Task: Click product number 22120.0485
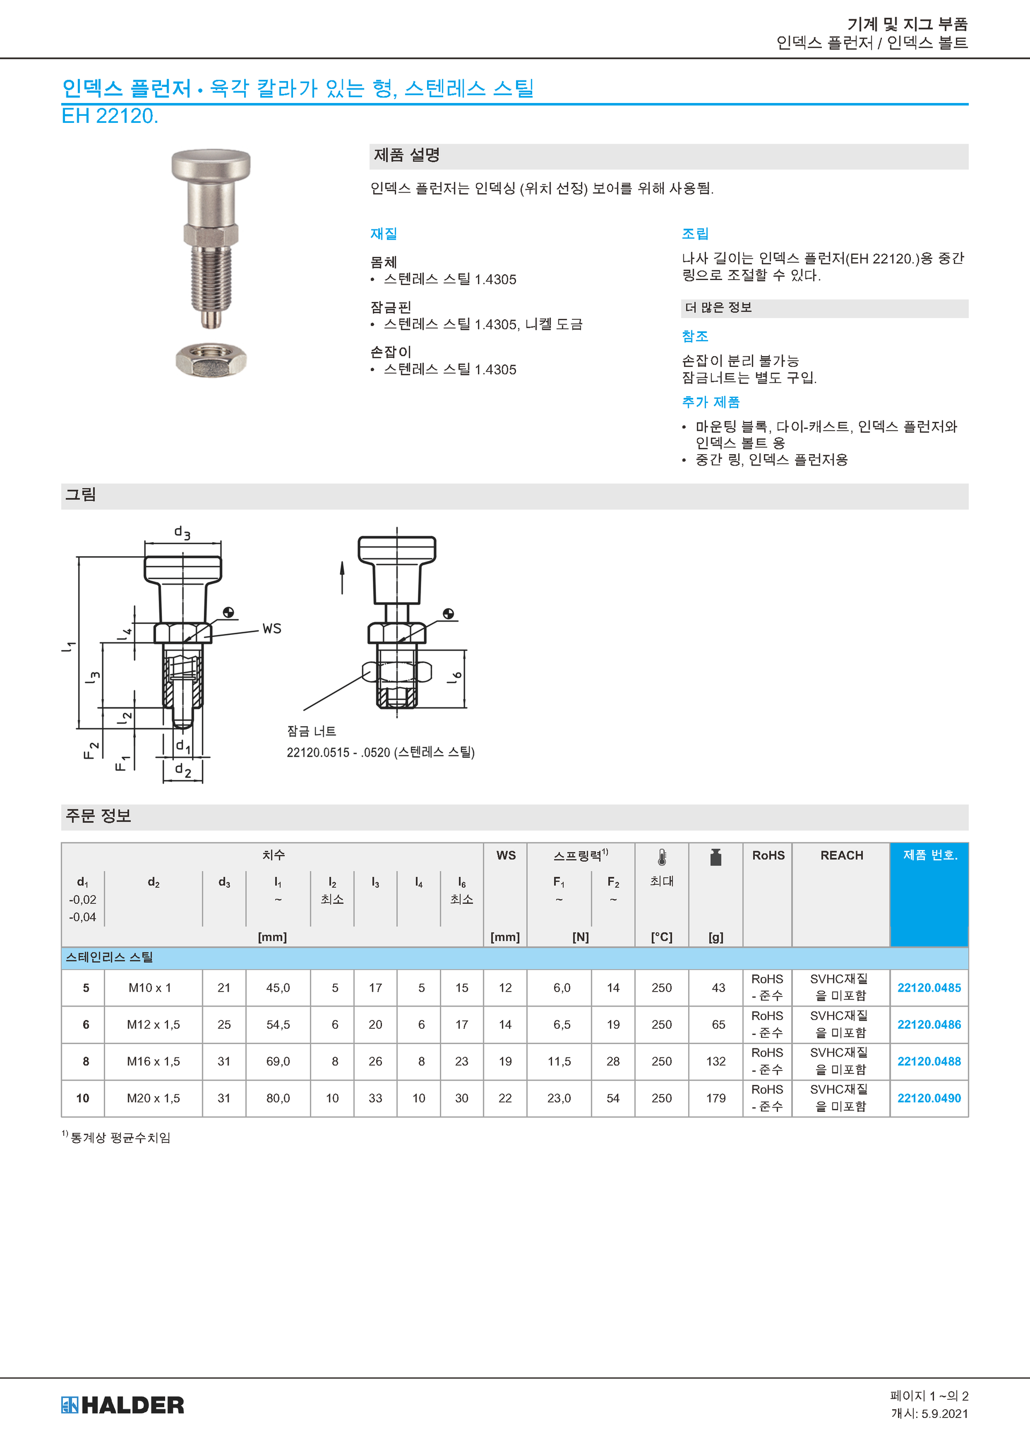click(929, 987)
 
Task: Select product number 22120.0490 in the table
click(929, 1098)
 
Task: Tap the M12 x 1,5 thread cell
click(153, 1024)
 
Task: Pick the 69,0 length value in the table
click(278, 1061)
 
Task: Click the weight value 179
click(716, 1098)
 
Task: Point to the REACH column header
click(842, 855)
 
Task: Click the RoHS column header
click(768, 855)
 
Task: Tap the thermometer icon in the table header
click(662, 858)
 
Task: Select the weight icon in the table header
click(716, 857)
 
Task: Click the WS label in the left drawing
click(271, 629)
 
